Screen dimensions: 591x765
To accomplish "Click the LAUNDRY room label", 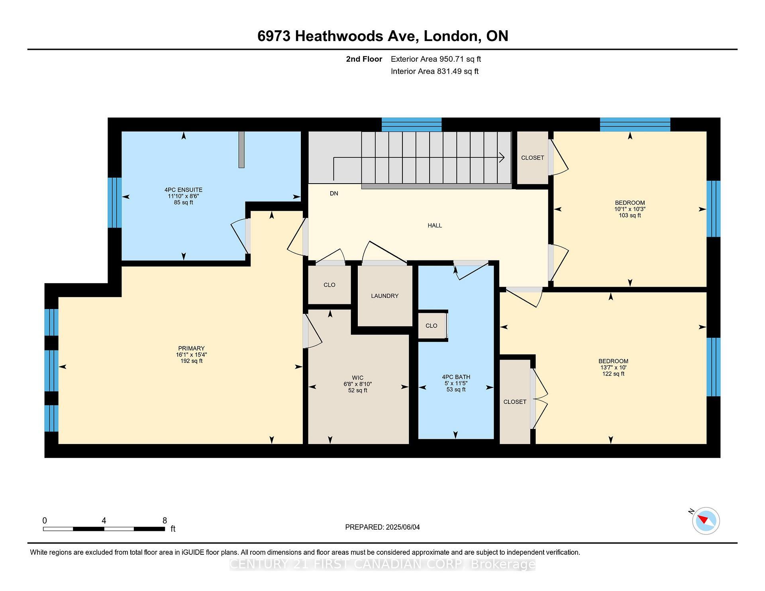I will tap(384, 296).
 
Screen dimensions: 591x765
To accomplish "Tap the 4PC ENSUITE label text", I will tap(183, 190).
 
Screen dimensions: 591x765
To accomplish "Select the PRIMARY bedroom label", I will tap(191, 348).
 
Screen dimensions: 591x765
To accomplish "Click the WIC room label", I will tap(357, 378).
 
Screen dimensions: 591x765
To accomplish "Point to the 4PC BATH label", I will tap(456, 377).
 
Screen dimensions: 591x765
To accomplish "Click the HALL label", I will tap(435, 225).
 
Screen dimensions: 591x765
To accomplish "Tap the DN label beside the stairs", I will tap(334, 194).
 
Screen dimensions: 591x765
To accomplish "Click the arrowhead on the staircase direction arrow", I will tap(502, 157).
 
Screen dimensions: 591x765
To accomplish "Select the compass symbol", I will tap(706, 521).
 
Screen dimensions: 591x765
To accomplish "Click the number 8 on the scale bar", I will tap(165, 521).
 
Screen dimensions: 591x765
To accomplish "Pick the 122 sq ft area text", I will tap(613, 374).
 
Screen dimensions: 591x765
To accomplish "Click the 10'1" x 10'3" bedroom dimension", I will tap(630, 209).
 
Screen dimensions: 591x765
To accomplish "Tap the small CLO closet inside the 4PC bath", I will tap(431, 326).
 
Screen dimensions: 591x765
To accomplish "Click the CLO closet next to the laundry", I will tap(329, 285).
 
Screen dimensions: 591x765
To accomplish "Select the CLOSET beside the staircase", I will tap(532, 158).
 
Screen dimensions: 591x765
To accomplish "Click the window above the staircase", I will tap(412, 124).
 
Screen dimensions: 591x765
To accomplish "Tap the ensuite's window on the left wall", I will tap(114, 203).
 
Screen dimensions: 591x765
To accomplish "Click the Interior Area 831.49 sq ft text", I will tap(434, 71).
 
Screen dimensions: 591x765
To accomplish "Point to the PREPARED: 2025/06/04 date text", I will tap(382, 527).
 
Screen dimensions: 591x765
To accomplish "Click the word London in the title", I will tap(451, 36).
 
